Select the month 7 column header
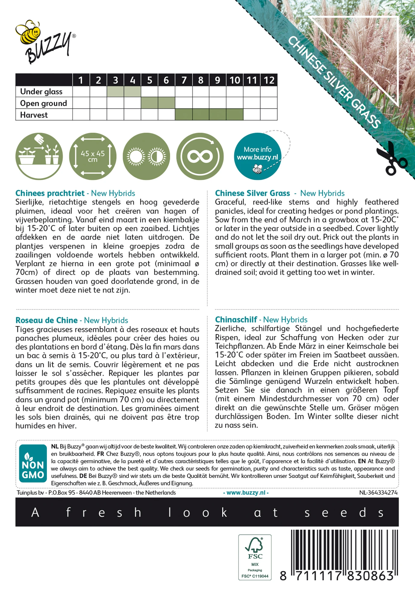(184, 80)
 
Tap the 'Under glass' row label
(41, 92)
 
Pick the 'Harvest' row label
(34, 115)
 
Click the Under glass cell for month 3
(115, 92)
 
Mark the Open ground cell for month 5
(150, 103)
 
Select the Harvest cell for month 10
(235, 115)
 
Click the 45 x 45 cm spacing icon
(92, 157)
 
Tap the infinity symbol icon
(200, 157)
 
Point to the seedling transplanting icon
(39, 157)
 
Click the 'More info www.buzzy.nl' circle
(257, 157)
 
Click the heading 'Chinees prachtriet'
(50, 193)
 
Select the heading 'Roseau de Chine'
(47, 320)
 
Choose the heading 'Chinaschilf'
(236, 320)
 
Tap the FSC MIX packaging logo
(255, 557)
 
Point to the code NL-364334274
(378, 493)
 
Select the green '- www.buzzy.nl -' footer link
(246, 493)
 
